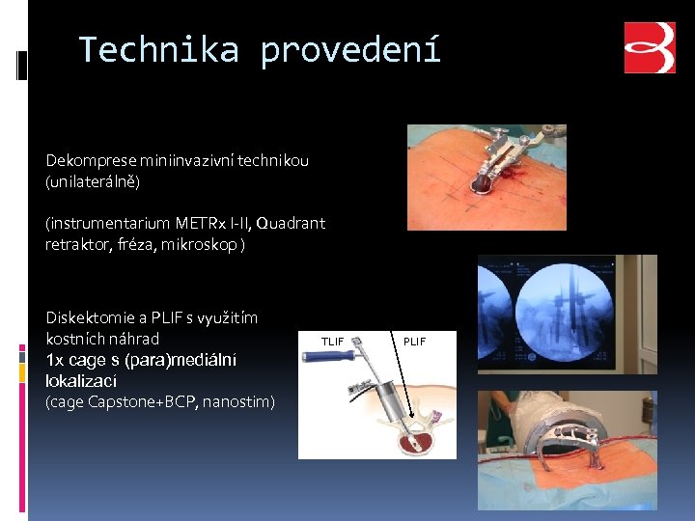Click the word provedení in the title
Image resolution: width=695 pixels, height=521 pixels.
[x=350, y=49]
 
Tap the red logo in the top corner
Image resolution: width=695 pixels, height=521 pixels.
[x=650, y=48]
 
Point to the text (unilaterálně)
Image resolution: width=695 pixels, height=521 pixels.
[x=93, y=181]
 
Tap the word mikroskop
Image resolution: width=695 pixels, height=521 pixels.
[x=202, y=244]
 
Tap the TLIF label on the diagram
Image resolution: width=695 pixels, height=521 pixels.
[x=332, y=342]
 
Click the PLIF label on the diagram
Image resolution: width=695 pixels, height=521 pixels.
[x=414, y=342]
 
